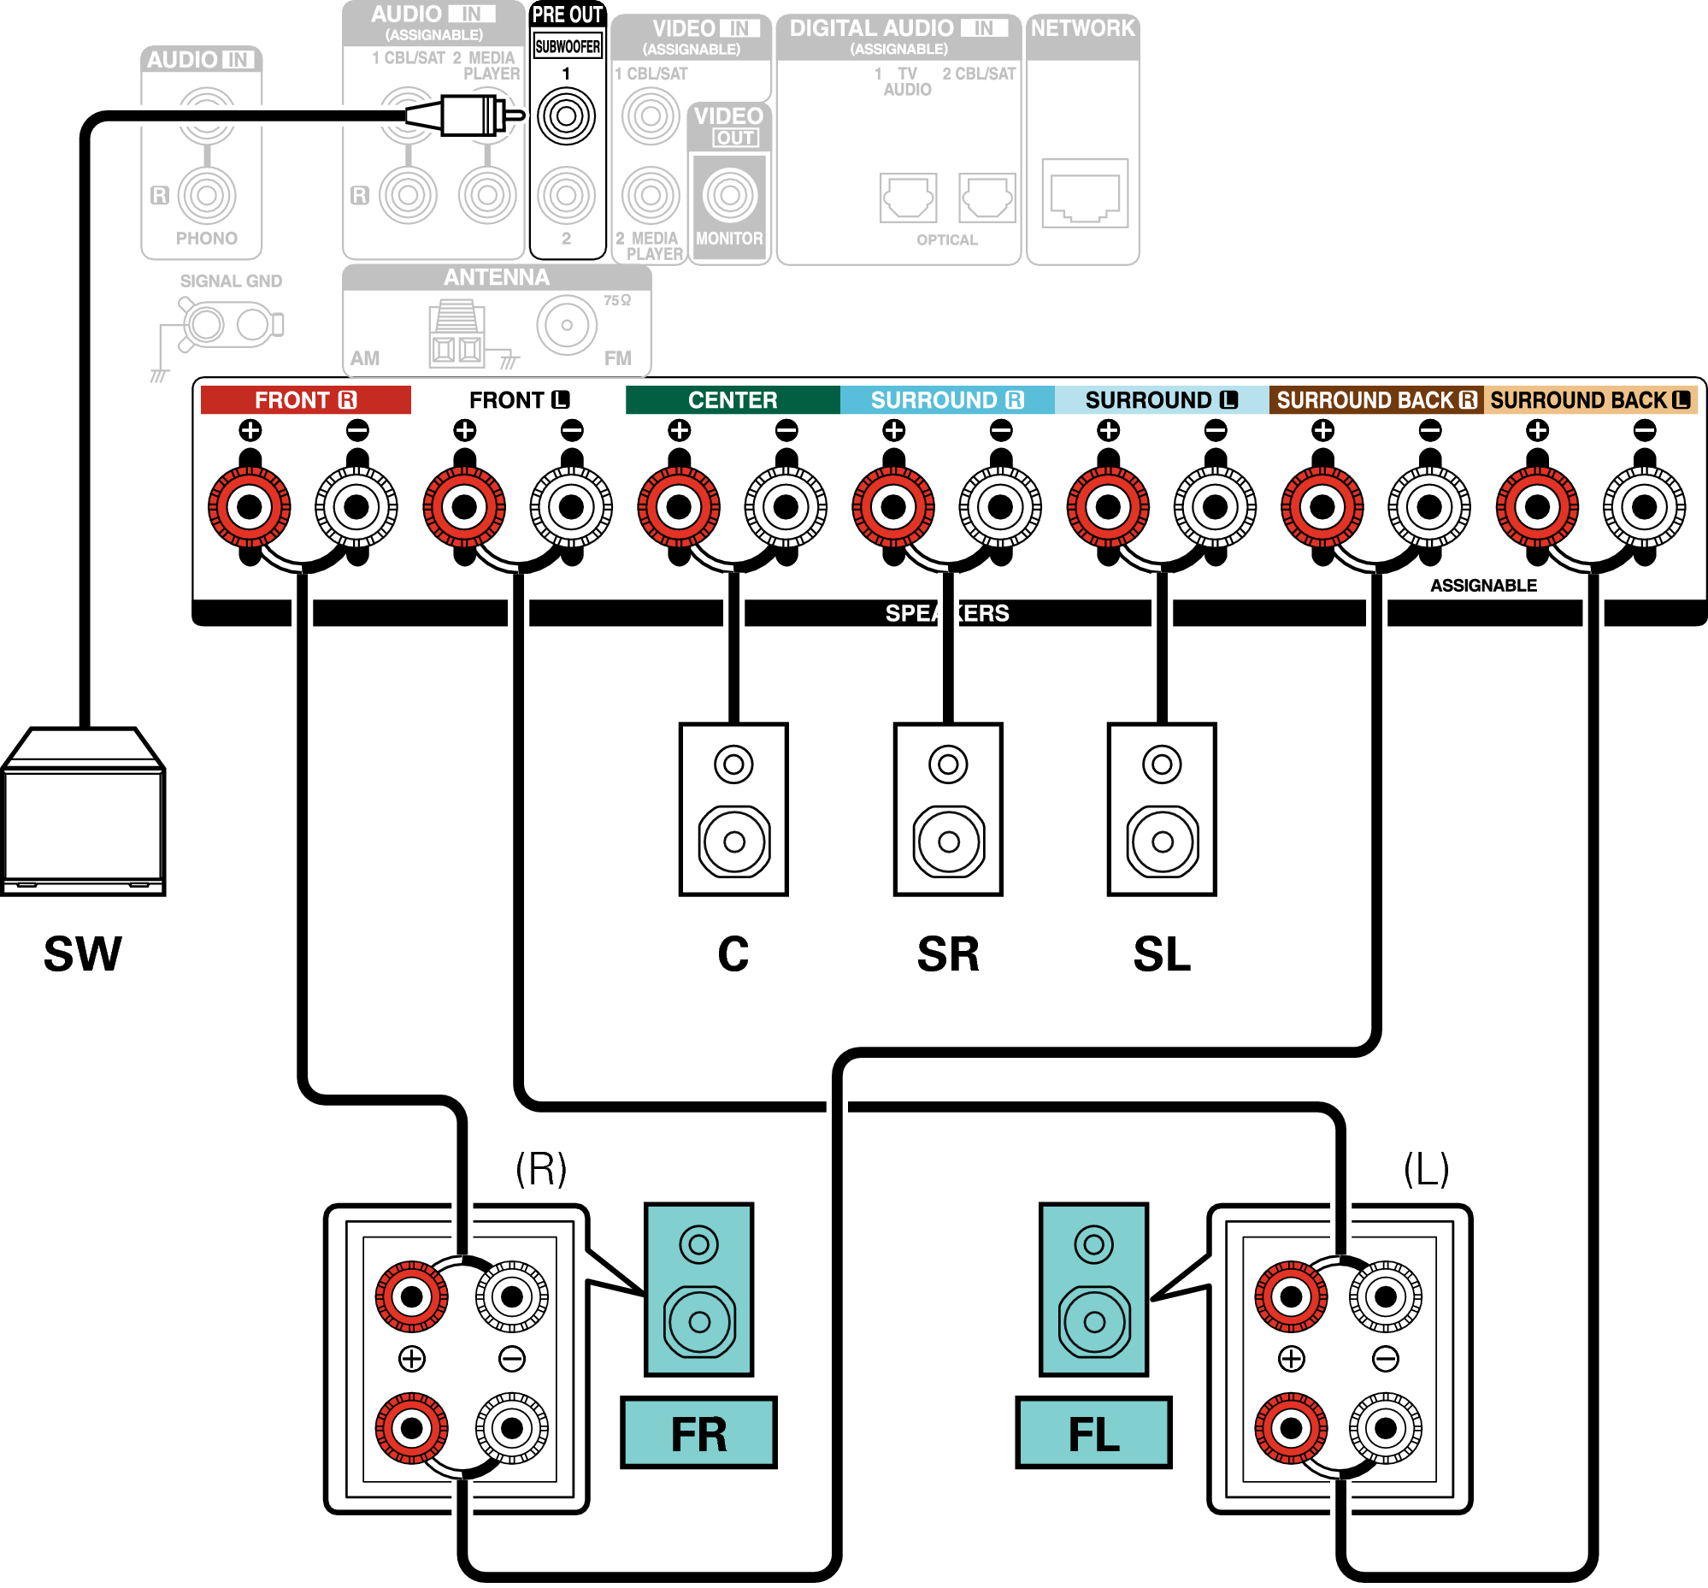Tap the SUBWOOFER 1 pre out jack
click(566, 116)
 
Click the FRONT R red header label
click(305, 400)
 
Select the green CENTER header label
click(732, 400)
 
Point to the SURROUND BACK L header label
click(1589, 400)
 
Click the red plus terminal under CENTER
click(679, 507)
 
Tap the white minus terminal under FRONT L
click(571, 507)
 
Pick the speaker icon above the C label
click(733, 810)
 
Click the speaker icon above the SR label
click(948, 810)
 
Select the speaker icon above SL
click(1162, 810)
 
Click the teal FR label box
click(698, 1433)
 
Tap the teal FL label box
click(1093, 1433)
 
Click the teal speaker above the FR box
click(698, 1289)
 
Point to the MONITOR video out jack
click(729, 195)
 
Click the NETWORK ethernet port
click(1084, 194)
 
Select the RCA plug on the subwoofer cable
click(468, 115)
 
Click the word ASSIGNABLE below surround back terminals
click(1483, 586)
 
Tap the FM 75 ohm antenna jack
click(567, 326)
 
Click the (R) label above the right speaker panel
click(541, 1169)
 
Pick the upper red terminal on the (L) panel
click(1291, 1296)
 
